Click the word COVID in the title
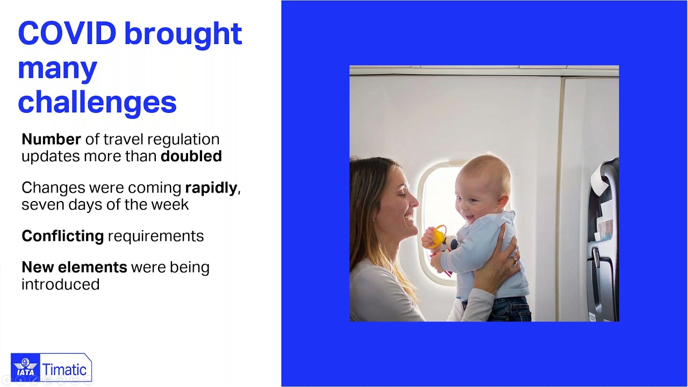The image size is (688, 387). (67, 33)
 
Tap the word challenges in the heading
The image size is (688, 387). (97, 103)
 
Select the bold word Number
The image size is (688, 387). (51, 139)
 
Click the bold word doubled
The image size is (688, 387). (191, 156)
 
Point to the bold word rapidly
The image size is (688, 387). (211, 188)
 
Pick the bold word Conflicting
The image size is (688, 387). (63, 236)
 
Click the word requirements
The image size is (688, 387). (156, 236)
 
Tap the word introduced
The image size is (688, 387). (61, 284)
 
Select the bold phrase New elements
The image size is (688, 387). (74, 267)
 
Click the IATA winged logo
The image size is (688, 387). (25, 367)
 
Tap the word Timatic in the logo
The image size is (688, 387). (64, 369)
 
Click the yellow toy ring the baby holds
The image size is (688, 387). (438, 236)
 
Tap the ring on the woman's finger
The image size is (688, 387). (515, 261)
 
